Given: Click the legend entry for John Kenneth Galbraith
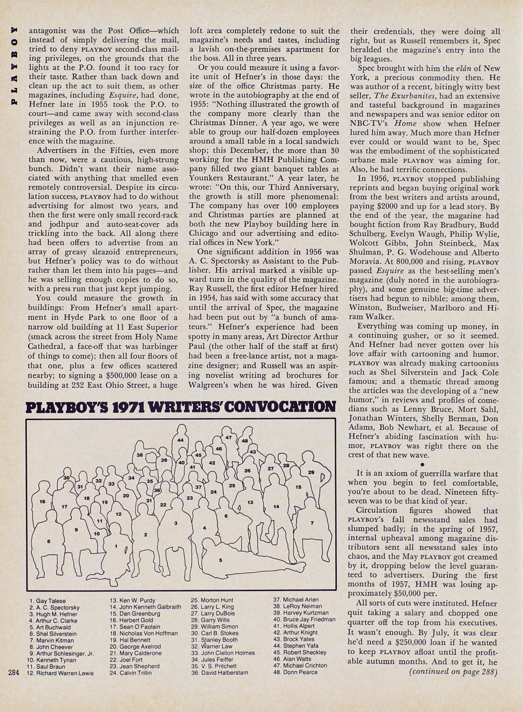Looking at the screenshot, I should [150, 607].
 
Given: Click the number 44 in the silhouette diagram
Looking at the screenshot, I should [180, 440].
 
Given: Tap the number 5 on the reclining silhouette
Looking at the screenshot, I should [221, 560].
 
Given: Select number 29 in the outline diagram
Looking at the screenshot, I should [311, 472].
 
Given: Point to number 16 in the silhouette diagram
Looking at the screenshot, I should [42, 501].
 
